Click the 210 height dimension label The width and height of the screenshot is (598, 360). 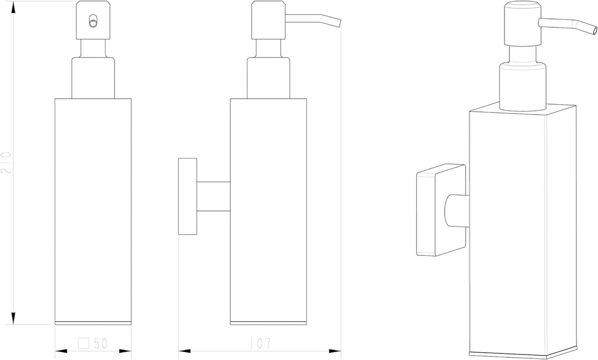[7, 162]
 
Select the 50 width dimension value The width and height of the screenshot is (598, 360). [100, 343]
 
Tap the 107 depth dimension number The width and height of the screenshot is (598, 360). [260, 343]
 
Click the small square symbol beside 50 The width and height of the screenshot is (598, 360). [84, 343]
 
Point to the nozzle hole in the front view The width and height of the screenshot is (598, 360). [92, 22]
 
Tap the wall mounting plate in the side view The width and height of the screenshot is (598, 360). [188, 197]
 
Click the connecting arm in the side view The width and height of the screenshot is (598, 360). [214, 197]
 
